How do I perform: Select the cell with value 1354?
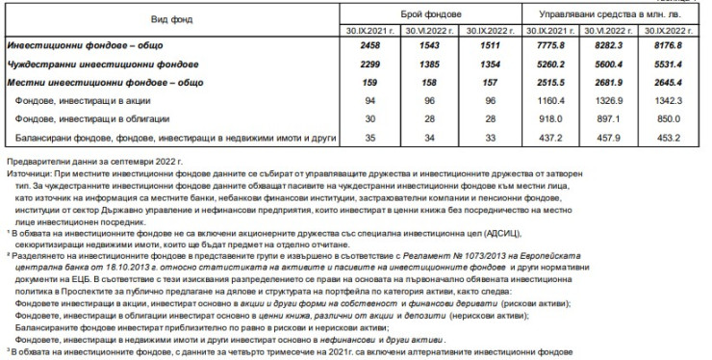tap(488, 64)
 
